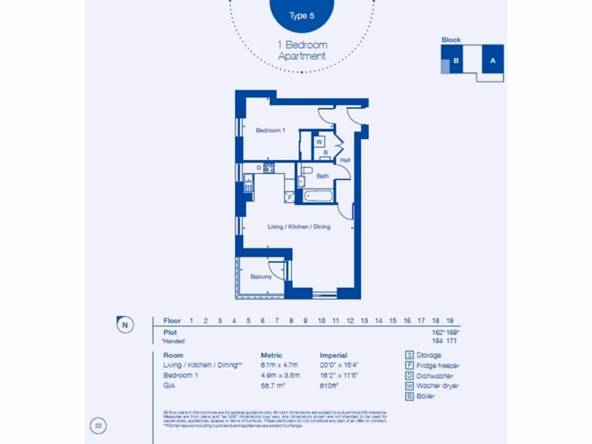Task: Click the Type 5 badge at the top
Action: click(302, 16)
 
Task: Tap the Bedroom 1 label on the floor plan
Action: click(270, 131)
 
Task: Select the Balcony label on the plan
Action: click(261, 277)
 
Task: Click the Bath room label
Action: click(323, 176)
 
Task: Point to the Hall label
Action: click(345, 160)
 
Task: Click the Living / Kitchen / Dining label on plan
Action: click(299, 227)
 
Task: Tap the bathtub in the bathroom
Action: click(319, 195)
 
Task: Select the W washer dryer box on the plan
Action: click(319, 142)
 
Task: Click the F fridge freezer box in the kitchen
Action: click(290, 197)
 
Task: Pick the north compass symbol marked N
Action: click(125, 325)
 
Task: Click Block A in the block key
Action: click(493, 60)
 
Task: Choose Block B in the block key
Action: click(456, 60)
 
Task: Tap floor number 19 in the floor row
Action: click(450, 321)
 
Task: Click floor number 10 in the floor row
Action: click(321, 321)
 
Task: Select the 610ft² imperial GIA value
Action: click(330, 386)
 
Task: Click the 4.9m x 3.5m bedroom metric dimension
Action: click(280, 375)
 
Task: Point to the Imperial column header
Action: click(334, 356)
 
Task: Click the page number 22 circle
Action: click(98, 427)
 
